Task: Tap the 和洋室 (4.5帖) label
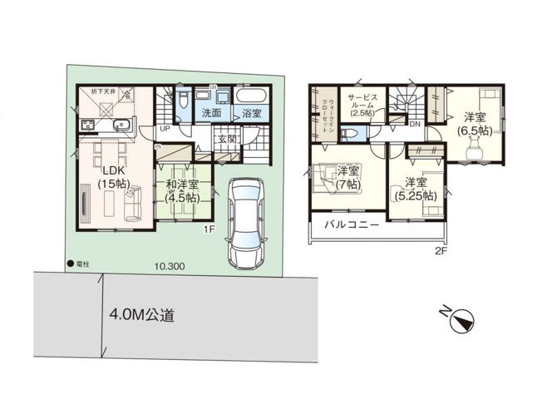click(181, 191)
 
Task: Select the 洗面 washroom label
click(210, 111)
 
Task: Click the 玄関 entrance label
click(227, 139)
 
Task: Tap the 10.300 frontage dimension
click(169, 267)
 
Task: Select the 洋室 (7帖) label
click(348, 177)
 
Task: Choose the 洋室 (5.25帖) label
click(416, 189)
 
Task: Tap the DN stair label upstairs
click(413, 124)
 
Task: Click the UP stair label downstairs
click(166, 129)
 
